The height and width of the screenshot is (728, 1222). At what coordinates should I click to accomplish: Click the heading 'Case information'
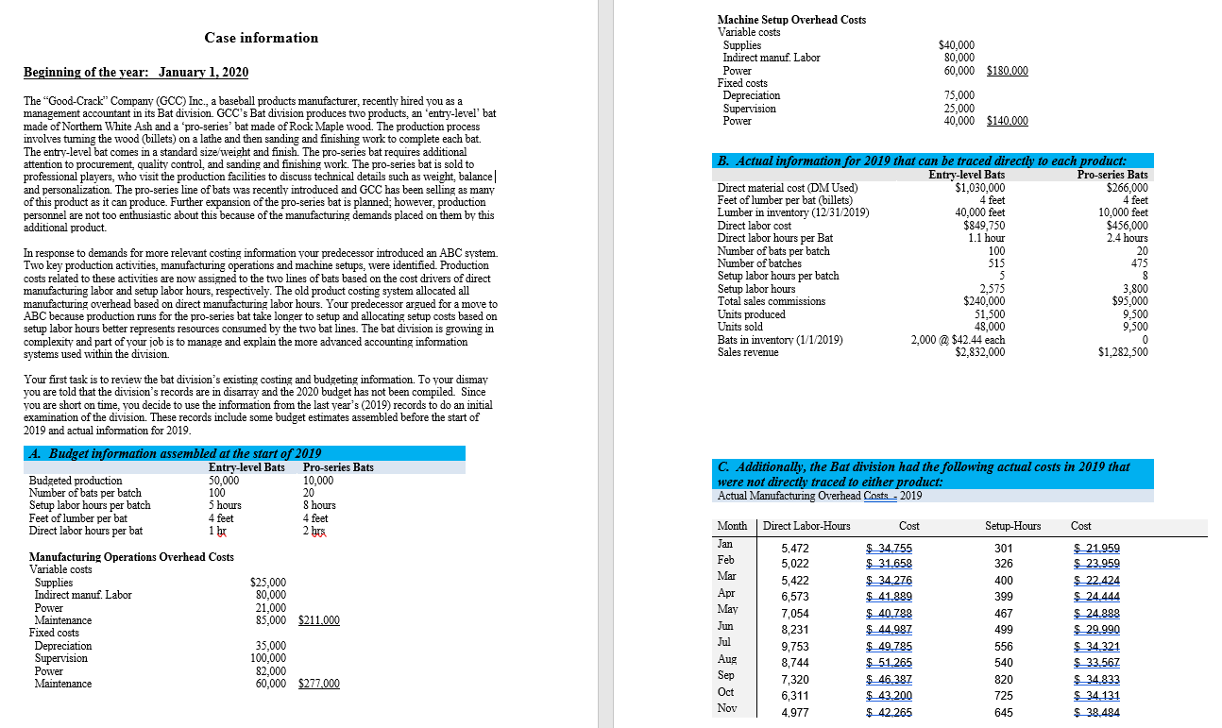click(262, 38)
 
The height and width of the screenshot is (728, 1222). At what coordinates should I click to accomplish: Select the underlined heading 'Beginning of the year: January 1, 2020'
click(136, 73)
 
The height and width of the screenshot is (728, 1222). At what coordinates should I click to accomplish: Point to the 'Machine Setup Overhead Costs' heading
click(791, 20)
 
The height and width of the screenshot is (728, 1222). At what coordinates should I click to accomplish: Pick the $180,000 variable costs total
click(1008, 71)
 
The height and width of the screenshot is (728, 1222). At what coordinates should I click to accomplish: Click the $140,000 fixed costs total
click(1008, 121)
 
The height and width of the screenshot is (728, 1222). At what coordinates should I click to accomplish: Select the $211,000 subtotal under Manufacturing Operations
click(319, 620)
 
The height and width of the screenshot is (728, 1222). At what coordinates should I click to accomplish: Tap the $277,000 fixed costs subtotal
click(319, 684)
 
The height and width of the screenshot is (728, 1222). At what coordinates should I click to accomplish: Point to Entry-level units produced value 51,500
click(989, 314)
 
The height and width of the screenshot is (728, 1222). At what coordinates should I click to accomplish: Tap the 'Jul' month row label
click(725, 642)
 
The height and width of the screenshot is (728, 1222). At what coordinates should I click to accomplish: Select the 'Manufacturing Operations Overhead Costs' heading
click(131, 557)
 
